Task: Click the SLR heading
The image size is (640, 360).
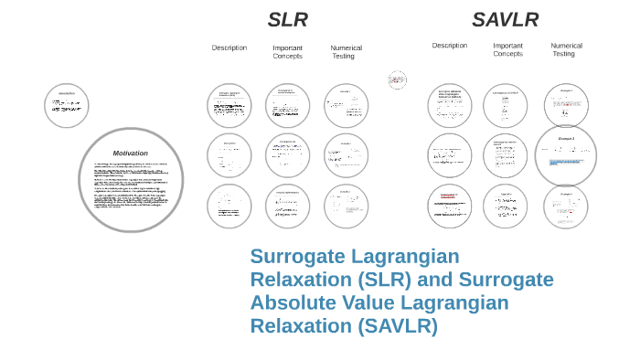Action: [287, 20]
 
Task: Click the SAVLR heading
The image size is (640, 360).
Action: [505, 20]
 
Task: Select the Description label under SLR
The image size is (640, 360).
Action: [229, 48]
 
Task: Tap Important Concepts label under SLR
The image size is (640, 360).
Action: [287, 52]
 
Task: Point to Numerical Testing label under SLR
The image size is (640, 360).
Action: [346, 52]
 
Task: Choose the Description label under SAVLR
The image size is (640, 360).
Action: [450, 45]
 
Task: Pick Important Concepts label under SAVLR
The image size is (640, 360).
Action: [507, 49]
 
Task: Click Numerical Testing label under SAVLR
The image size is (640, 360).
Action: [566, 49]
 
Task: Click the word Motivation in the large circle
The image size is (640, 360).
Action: [130, 153]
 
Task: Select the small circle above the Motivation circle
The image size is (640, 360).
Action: [67, 106]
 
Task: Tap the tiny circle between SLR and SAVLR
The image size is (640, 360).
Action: [397, 79]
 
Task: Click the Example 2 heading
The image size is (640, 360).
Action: [566, 139]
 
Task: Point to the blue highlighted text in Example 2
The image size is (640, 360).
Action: [566, 161]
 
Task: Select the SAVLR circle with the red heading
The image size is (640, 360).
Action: [450, 206]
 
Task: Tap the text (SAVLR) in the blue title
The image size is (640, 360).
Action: [397, 326]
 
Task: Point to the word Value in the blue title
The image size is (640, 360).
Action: [370, 302]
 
